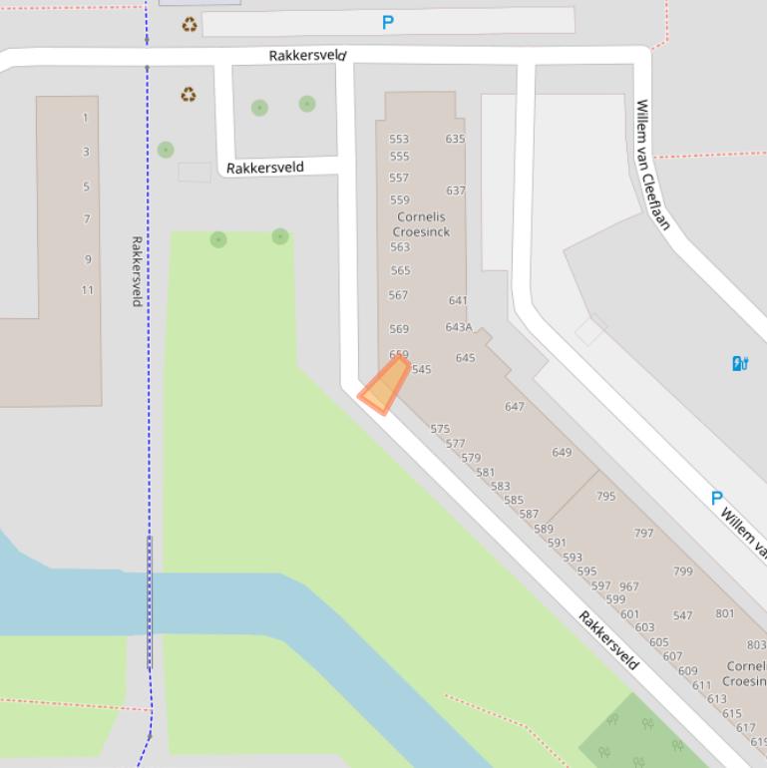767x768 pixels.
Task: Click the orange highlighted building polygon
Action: coord(384,387)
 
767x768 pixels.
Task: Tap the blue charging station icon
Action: coord(740,363)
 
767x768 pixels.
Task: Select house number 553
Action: coord(399,140)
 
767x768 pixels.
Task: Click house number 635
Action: coord(455,139)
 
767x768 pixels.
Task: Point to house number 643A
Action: coord(459,327)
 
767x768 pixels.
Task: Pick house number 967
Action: coord(628,587)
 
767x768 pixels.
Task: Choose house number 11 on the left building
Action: coord(88,290)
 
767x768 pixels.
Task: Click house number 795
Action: coord(605,496)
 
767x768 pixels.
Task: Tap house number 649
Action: coord(562,452)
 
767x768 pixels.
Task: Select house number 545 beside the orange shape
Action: coord(422,370)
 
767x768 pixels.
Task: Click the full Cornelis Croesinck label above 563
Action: coord(421,224)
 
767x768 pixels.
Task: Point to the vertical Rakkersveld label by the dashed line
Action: coord(137,271)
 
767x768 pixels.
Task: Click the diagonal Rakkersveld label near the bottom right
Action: coord(608,640)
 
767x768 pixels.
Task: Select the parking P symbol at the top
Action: coord(388,22)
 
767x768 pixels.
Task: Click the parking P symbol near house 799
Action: coord(716,498)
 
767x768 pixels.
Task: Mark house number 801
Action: coord(725,613)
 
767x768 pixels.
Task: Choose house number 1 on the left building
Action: coord(85,118)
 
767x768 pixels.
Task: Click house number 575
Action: coord(440,429)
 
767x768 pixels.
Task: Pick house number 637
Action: coord(455,191)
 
